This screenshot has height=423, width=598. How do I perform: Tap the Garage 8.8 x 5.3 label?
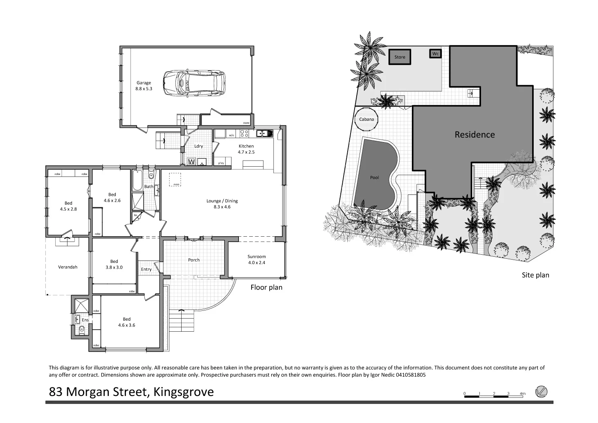pyautogui.click(x=144, y=86)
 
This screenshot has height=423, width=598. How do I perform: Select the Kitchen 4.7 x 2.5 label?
pyautogui.click(x=246, y=149)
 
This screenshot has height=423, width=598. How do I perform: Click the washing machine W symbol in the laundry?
pyautogui.click(x=191, y=162)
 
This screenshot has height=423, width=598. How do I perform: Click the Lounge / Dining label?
pyautogui.click(x=222, y=204)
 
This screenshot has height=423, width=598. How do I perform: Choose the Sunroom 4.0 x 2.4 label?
pyautogui.click(x=256, y=260)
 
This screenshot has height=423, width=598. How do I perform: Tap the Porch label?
pyautogui.click(x=194, y=260)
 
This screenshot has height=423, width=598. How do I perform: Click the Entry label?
pyautogui.click(x=146, y=269)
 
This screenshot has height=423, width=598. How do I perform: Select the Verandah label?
pyautogui.click(x=67, y=267)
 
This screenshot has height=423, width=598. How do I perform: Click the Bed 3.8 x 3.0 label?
pyautogui.click(x=114, y=264)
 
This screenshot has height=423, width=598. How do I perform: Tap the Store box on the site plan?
pyautogui.click(x=400, y=57)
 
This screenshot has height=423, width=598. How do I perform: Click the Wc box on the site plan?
pyautogui.click(x=435, y=54)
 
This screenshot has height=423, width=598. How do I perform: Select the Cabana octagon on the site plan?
pyautogui.click(x=366, y=120)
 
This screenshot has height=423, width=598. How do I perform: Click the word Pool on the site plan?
pyautogui.click(x=374, y=177)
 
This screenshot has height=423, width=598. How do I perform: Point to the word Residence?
pyautogui.click(x=474, y=135)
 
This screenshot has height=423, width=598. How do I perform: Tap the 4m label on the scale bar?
pyautogui.click(x=522, y=394)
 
